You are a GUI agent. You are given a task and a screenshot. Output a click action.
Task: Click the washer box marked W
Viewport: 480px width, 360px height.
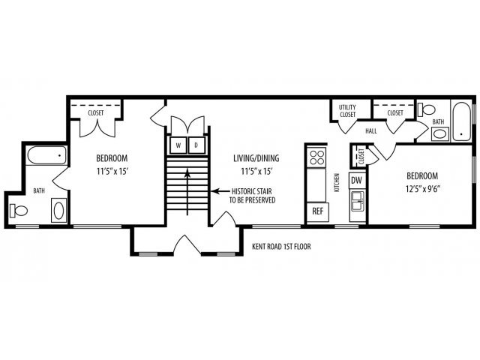click(x=178, y=145)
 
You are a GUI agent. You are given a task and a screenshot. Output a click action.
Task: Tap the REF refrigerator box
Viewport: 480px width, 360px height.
click(x=318, y=211)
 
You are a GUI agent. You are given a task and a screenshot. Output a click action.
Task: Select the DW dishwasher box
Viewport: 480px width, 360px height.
click(x=357, y=181)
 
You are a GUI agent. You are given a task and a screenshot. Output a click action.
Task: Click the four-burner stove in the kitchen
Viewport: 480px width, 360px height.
click(x=316, y=157)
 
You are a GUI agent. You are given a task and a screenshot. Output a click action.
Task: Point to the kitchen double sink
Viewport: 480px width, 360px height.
click(x=357, y=201)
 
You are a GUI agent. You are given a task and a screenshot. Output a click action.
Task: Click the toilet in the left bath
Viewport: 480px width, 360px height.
click(x=19, y=210)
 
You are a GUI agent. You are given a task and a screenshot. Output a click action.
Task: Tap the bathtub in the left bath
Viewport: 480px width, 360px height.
click(x=46, y=155)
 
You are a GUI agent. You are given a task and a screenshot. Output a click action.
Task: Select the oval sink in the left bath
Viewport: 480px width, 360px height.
click(x=58, y=210)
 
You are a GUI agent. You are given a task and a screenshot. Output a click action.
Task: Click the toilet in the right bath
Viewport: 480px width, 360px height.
click(x=427, y=109)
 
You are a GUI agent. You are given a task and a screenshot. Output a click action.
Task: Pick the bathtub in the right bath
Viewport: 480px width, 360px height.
click(x=462, y=121)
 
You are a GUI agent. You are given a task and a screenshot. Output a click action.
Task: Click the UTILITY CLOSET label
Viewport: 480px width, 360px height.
click(x=347, y=111)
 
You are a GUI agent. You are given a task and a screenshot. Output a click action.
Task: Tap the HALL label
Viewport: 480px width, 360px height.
click(x=371, y=131)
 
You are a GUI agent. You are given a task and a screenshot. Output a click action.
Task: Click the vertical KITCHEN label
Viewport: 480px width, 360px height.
click(x=337, y=183)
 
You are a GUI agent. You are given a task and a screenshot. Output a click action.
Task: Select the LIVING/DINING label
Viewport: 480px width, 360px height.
click(x=256, y=158)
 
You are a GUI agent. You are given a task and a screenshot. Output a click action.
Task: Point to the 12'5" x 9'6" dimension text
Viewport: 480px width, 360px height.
click(x=423, y=189)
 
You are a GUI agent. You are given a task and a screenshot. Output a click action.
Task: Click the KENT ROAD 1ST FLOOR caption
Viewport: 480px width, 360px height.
click(x=281, y=247)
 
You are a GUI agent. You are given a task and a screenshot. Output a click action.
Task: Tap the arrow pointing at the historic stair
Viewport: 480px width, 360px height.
click(x=220, y=191)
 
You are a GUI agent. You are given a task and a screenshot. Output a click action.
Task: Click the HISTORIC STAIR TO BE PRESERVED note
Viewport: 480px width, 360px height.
click(x=252, y=196)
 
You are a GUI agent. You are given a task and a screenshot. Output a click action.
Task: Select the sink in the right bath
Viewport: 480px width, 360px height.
click(x=440, y=134)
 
